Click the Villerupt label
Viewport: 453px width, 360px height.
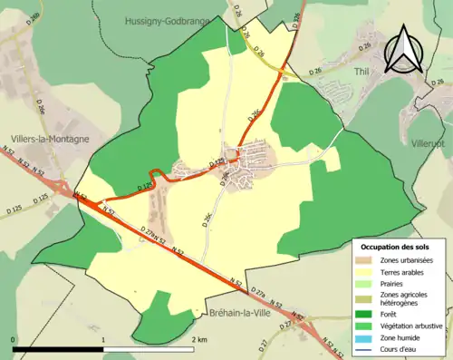point(429,142)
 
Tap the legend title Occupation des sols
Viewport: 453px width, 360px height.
point(394,247)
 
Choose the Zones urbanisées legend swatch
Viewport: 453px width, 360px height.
point(365,261)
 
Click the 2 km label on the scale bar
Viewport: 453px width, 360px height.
point(198,338)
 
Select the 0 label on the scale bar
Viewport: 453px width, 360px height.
point(14,338)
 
